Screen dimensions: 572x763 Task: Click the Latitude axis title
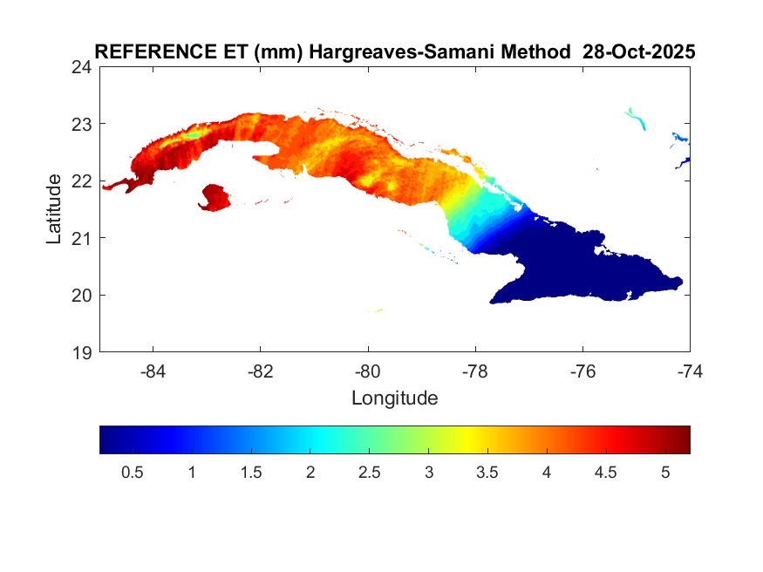coord(54,208)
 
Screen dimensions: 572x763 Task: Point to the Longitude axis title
coord(394,398)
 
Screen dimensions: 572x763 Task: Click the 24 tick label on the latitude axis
coord(84,66)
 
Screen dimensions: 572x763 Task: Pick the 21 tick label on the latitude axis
coord(84,238)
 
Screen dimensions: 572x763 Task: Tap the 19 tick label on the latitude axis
coord(84,352)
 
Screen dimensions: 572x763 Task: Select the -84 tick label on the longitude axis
coord(153,371)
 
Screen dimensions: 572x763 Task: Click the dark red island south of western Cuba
coord(214,197)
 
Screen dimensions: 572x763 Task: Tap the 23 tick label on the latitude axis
coord(84,124)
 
